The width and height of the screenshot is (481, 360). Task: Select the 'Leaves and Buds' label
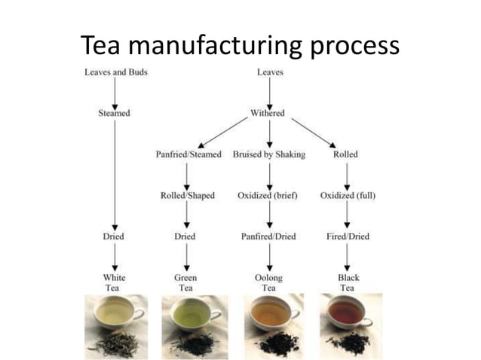tap(115, 72)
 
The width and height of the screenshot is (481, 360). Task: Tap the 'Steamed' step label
tap(114, 113)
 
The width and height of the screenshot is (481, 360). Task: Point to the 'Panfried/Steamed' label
tap(188, 154)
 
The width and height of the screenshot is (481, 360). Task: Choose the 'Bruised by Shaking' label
tap(269, 154)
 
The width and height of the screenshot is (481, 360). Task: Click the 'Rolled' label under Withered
tap(345, 154)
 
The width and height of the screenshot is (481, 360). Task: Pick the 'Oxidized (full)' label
tap(348, 196)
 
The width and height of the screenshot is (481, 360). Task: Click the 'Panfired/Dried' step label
tap(268, 236)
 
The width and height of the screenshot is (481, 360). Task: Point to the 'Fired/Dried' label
tap(348, 236)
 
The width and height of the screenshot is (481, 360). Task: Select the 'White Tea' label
tap(115, 282)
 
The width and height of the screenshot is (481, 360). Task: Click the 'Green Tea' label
tap(185, 282)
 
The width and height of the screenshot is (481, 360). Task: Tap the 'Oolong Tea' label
tap(268, 282)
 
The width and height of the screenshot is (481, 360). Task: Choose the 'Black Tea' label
tap(348, 282)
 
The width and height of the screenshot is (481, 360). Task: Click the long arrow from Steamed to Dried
tap(115, 173)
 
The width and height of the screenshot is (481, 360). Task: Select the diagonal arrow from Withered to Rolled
tap(313, 133)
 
